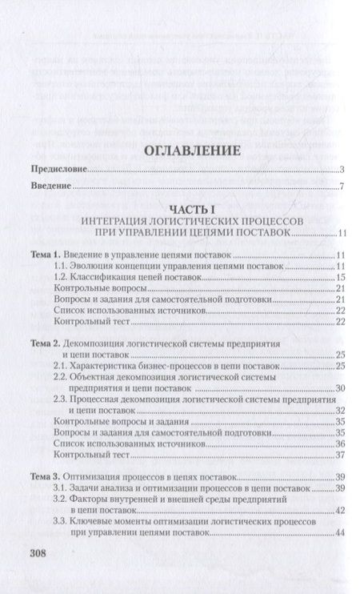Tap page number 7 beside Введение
coord(341,188)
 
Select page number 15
coord(339,276)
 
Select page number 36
coord(339,443)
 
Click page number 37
coord(339,455)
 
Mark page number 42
coord(339,511)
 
